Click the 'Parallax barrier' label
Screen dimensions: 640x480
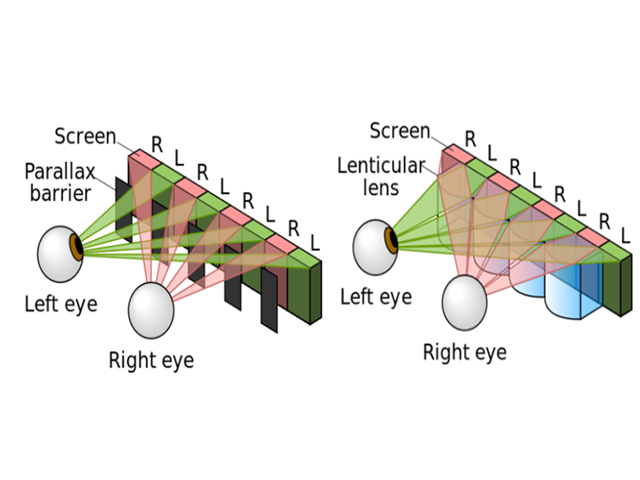tap(59, 182)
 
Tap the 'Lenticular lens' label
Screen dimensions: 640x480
tap(382, 177)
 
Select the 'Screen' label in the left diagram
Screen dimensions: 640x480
tap(86, 136)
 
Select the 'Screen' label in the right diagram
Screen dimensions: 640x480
tap(400, 131)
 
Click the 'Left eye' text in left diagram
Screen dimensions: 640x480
tap(62, 305)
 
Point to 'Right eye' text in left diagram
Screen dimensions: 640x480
tap(151, 361)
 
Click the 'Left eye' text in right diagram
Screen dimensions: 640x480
tap(376, 297)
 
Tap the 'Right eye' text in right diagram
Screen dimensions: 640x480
tap(465, 352)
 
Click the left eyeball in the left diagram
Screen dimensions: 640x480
tap(60, 254)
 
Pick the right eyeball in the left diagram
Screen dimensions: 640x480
tap(151, 310)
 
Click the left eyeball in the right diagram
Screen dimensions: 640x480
tap(375, 247)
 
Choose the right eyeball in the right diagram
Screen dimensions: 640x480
tap(465, 302)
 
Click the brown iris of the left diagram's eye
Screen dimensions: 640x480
tap(76, 247)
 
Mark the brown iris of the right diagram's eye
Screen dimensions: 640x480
tap(391, 241)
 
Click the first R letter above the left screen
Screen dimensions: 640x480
tap(157, 145)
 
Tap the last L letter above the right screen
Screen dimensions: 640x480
tap(626, 236)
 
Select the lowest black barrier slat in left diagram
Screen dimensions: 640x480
tap(270, 301)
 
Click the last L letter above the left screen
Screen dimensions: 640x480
tap(314, 242)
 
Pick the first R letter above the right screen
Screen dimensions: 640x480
tap(470, 139)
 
